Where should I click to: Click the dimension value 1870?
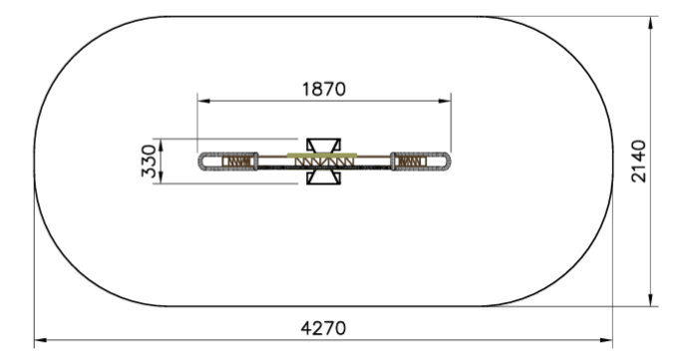pyautogui.click(x=324, y=89)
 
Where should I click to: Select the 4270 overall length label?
pyautogui.click(x=323, y=328)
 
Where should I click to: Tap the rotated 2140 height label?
pyautogui.click(x=638, y=162)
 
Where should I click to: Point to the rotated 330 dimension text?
pyautogui.click(x=149, y=161)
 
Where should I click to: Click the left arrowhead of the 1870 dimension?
pyautogui.click(x=203, y=101)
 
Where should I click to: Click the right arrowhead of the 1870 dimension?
pyautogui.click(x=445, y=101)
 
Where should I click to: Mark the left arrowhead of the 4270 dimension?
pyautogui.click(x=41, y=340)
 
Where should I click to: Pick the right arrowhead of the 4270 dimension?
pyautogui.click(x=606, y=340)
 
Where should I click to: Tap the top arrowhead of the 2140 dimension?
pyautogui.click(x=651, y=23)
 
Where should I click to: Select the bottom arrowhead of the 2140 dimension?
pyautogui.click(x=651, y=300)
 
